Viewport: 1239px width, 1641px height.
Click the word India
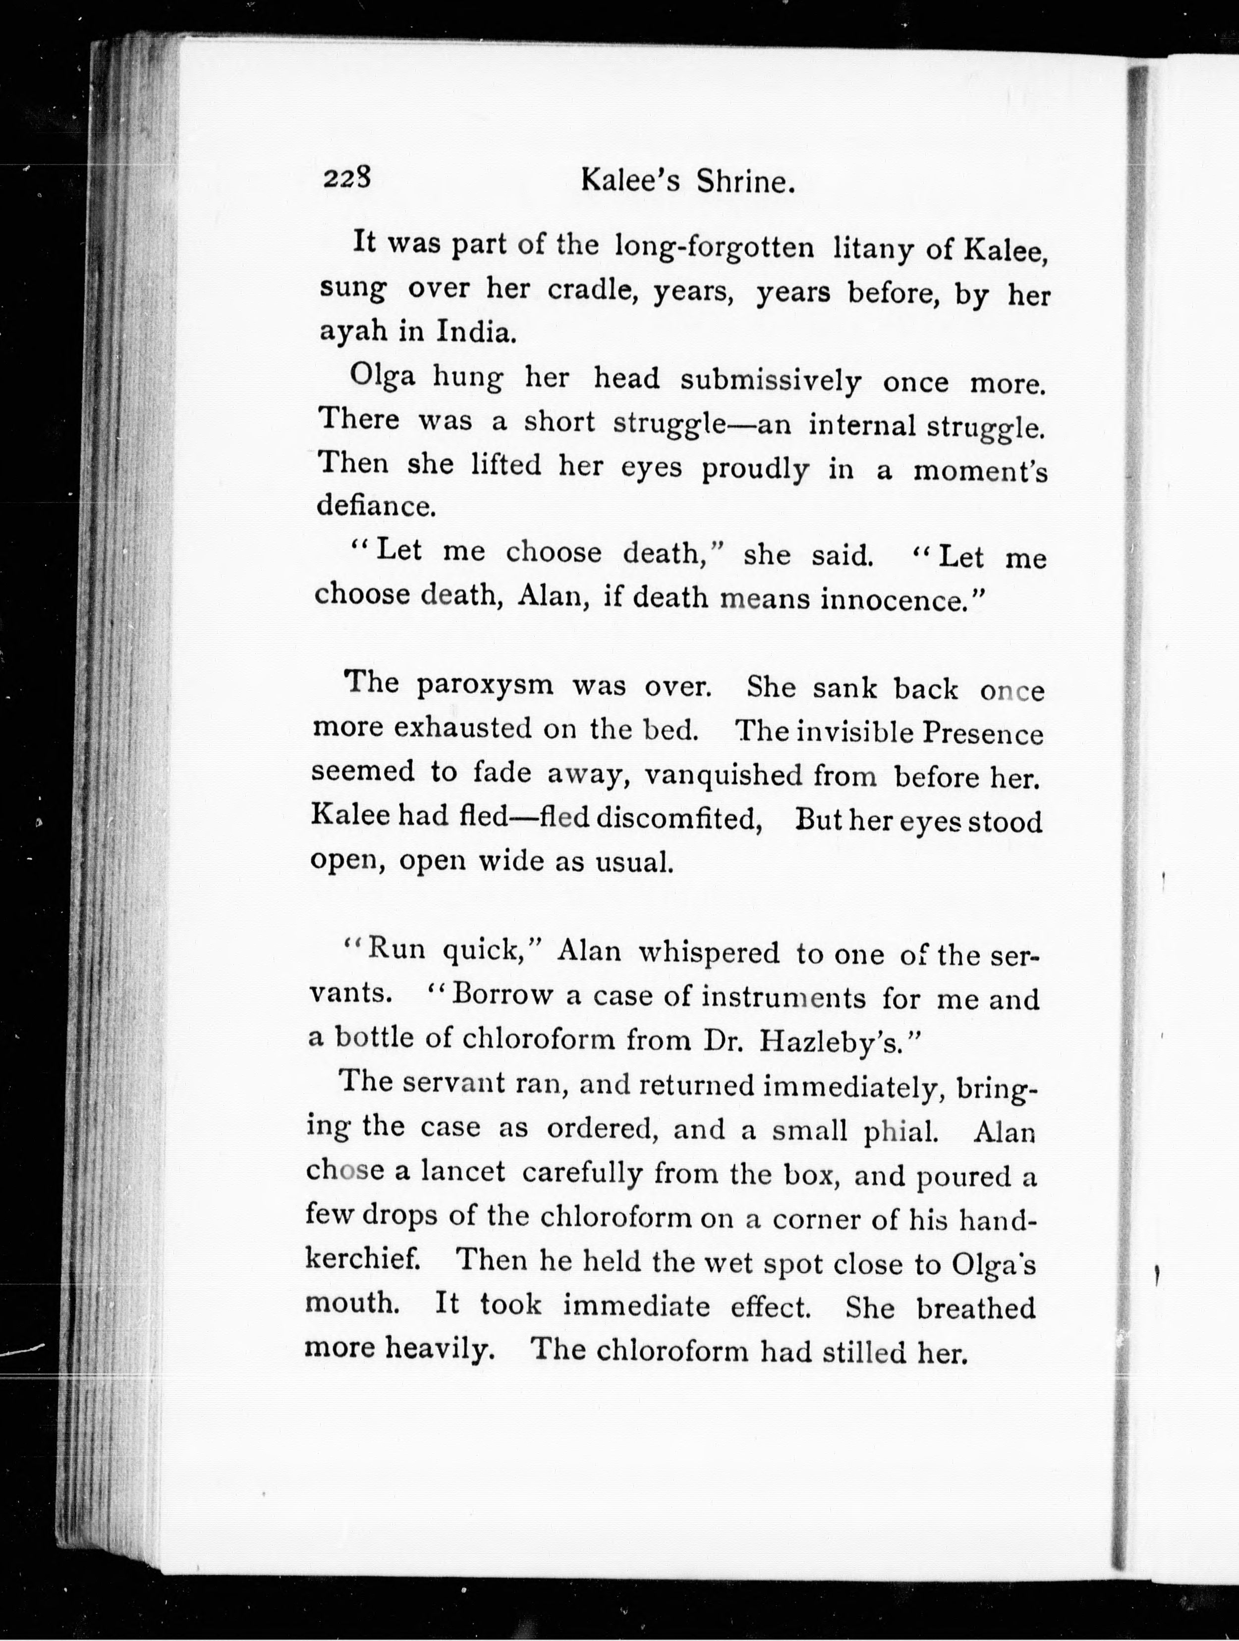(x=475, y=331)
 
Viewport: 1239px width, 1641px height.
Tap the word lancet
(x=463, y=1172)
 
